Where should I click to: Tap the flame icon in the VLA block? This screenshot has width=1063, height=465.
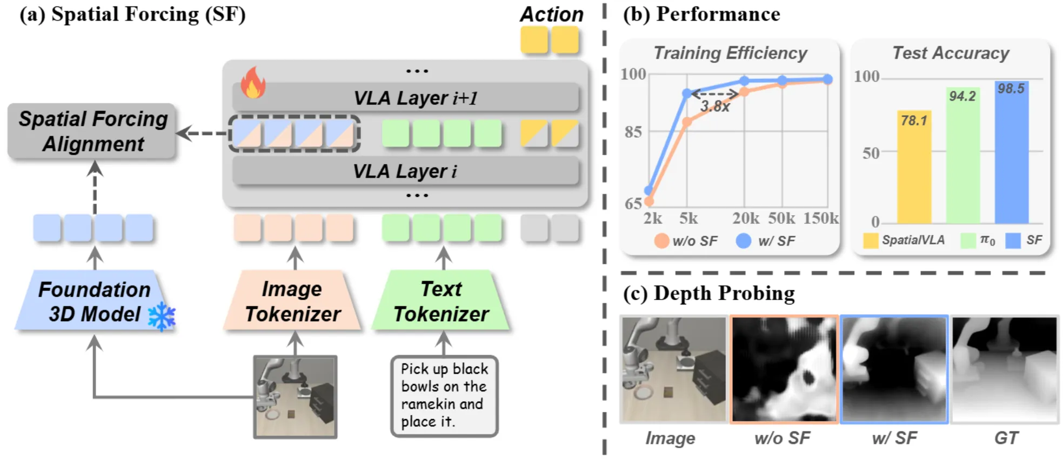(252, 83)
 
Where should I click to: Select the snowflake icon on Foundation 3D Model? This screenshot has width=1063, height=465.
(162, 316)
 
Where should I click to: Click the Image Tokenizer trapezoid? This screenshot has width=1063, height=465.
(292, 301)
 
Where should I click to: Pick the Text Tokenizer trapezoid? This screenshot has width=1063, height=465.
(441, 301)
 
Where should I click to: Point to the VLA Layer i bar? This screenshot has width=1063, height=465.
(405, 171)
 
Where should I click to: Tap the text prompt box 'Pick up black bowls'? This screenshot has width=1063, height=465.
(444, 396)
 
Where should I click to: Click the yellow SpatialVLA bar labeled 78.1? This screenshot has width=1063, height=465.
(914, 168)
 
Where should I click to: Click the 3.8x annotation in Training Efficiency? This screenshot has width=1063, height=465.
(714, 107)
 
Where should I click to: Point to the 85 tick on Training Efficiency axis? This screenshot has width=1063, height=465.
(633, 132)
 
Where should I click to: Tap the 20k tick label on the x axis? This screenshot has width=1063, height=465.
(745, 218)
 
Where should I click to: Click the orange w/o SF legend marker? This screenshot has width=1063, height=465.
(661, 241)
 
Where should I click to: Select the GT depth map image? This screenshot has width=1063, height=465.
(1005, 369)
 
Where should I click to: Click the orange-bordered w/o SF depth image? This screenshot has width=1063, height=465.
(784, 369)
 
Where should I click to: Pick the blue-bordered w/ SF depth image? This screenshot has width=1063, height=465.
(894, 369)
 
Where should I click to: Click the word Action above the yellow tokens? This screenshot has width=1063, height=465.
(551, 15)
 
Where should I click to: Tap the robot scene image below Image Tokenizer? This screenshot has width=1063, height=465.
(296, 396)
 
